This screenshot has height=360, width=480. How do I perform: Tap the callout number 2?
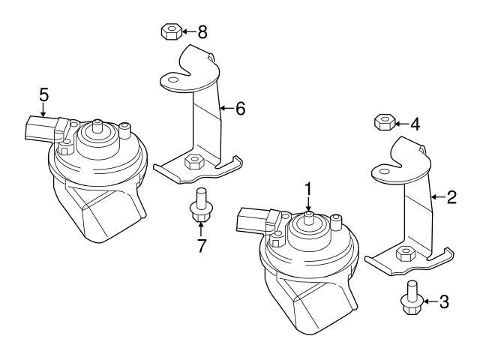[x=451, y=198]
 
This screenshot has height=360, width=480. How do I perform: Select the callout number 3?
[x=444, y=302]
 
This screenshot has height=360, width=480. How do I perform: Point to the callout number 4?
[x=415, y=124]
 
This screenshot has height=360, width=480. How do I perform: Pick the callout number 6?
[x=240, y=109]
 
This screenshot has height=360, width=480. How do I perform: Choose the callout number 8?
[x=202, y=31]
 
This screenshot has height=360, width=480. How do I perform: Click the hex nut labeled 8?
[x=170, y=31]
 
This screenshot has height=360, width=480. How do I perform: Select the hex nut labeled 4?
[x=383, y=122]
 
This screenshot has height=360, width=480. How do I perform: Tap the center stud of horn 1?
[x=307, y=218]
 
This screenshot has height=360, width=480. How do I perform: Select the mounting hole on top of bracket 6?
[x=172, y=80]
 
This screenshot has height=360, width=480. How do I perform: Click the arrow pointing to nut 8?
[x=188, y=31]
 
